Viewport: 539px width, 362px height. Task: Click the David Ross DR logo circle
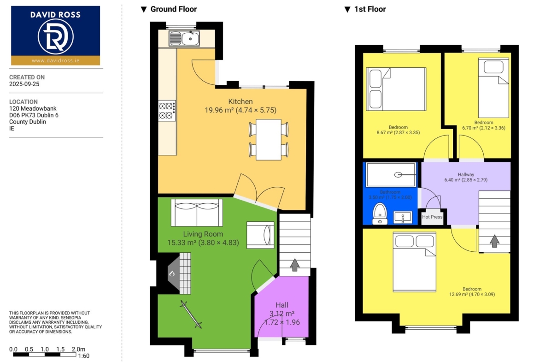pyautogui.click(x=55, y=37)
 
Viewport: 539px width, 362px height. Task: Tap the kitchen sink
pyautogui.click(x=184, y=38)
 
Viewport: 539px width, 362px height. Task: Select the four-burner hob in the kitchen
pyautogui.click(x=167, y=111)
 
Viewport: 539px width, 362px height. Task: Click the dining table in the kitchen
pyautogui.click(x=269, y=139)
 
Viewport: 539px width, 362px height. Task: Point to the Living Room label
pyautogui.click(x=203, y=234)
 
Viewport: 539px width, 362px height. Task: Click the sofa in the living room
pyautogui.click(x=197, y=212)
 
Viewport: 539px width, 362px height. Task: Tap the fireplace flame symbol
pyautogui.click(x=172, y=274)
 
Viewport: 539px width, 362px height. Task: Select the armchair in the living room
pyautogui.click(x=260, y=235)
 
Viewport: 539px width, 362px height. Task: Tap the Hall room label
pyautogui.click(x=282, y=305)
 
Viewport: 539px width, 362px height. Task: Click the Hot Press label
pyautogui.click(x=432, y=217)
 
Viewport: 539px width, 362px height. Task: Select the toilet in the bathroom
pyautogui.click(x=380, y=214)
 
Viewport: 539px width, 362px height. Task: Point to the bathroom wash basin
pyautogui.click(x=403, y=218)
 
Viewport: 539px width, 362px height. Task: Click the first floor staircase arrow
pyautogui.click(x=494, y=241)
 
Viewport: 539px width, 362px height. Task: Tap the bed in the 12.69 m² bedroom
pyautogui.click(x=415, y=262)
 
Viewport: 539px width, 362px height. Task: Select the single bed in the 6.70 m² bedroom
pyautogui.click(x=494, y=88)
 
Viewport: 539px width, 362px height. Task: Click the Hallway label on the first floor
pyautogui.click(x=466, y=174)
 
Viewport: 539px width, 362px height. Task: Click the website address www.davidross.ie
pyautogui.click(x=56, y=60)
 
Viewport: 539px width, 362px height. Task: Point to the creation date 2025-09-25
pyautogui.click(x=24, y=84)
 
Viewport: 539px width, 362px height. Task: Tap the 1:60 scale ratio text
pyautogui.click(x=83, y=356)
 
